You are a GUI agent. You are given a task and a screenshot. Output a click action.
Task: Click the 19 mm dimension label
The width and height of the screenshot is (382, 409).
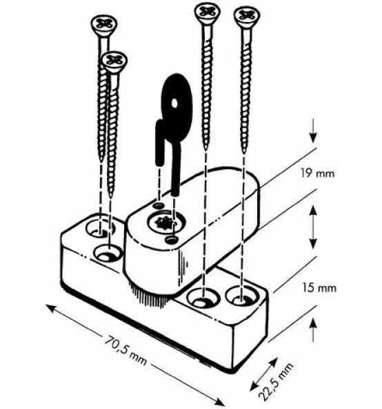click(317, 173)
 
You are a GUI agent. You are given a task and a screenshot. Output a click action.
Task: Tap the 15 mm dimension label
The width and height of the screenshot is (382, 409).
click(319, 288)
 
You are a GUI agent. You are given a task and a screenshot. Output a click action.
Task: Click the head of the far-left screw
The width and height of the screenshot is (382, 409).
click(104, 24)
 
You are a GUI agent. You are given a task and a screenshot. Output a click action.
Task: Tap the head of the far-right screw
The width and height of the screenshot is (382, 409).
click(247, 16)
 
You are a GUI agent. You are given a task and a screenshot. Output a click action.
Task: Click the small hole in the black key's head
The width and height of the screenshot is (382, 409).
click(174, 104)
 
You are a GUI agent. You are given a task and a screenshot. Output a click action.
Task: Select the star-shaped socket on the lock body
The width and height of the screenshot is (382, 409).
click(164, 223)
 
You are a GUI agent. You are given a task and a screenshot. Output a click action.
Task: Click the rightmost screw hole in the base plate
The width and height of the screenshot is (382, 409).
click(242, 296)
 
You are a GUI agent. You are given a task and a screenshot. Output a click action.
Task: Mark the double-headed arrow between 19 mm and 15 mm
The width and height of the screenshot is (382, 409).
click(313, 227)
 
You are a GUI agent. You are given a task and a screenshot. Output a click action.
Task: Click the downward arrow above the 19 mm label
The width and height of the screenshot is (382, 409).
click(313, 131)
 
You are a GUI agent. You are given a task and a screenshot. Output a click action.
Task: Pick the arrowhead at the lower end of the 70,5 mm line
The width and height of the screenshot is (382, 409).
click(218, 402)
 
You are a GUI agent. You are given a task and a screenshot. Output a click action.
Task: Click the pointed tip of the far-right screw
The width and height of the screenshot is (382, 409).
click(243, 152)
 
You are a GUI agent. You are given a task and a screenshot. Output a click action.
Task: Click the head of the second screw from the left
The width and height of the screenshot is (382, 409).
click(114, 61)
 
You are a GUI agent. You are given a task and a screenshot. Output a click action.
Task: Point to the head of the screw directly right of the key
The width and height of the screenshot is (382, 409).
click(207, 12)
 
